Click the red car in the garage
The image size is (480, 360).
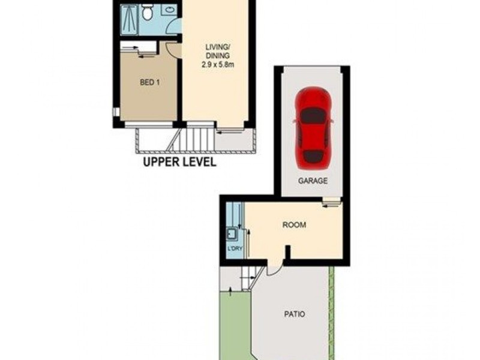tap(314, 127)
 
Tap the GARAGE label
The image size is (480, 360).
tap(313, 181)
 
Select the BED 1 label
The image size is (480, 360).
tap(149, 83)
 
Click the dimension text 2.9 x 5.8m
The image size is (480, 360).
tap(217, 63)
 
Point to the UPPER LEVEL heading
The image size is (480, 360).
tap(179, 163)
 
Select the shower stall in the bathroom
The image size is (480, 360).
tap(129, 20)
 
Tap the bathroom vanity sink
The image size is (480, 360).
tap(167, 10)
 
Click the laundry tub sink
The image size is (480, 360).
tap(230, 233)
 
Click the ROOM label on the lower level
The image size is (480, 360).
tap(294, 226)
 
